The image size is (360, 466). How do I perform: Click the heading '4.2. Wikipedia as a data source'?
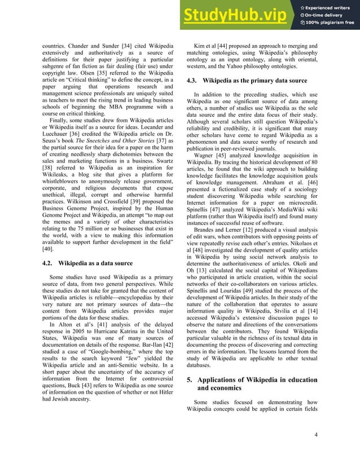[87, 263]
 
